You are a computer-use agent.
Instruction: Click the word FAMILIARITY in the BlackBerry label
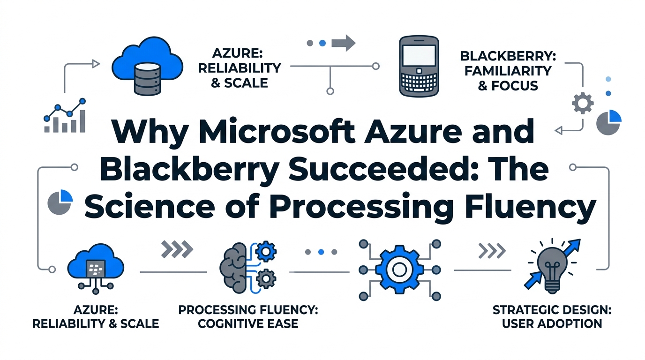pos(505,71)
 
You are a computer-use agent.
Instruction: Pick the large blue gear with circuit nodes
pos(399,270)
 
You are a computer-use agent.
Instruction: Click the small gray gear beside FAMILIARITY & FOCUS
pos(583,103)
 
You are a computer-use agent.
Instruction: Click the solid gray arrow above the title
pos(343,43)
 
